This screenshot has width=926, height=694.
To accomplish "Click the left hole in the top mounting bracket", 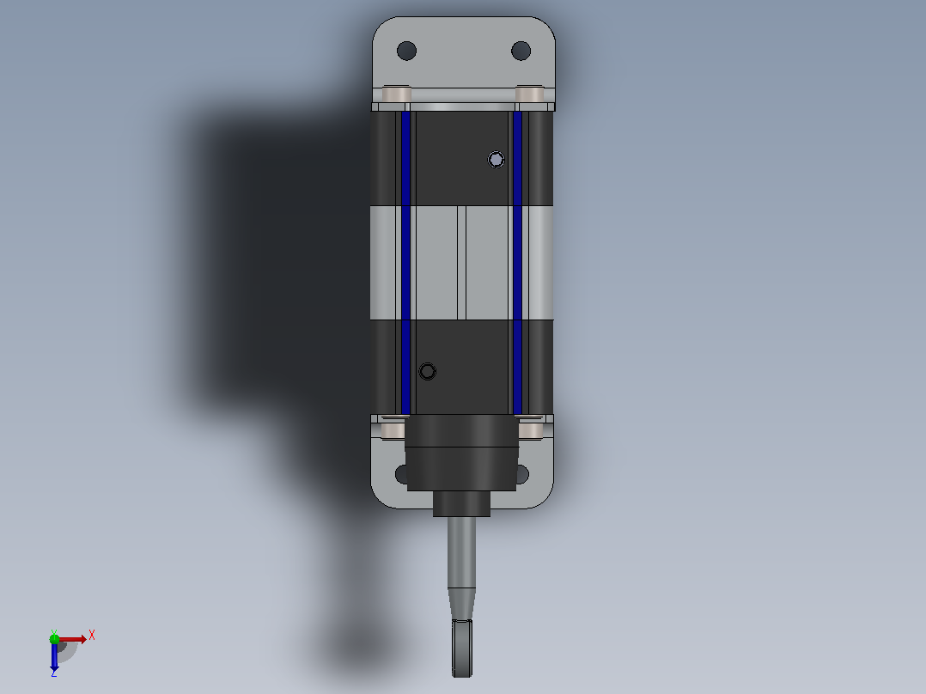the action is click(406, 51).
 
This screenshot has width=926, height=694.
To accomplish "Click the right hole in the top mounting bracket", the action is click(521, 51).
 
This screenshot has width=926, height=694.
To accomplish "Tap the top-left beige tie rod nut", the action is click(396, 94).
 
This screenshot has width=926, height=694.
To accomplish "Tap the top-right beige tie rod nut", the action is click(529, 94).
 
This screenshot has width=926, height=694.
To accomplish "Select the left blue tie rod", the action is click(405, 263).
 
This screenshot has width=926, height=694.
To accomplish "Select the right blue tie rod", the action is click(517, 263).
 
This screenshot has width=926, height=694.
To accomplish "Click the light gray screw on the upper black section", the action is click(497, 160).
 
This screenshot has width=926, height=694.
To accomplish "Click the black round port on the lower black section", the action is click(428, 372).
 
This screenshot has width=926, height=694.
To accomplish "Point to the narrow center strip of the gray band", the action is click(462, 263).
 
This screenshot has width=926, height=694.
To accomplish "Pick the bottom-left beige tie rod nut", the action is click(393, 429).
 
